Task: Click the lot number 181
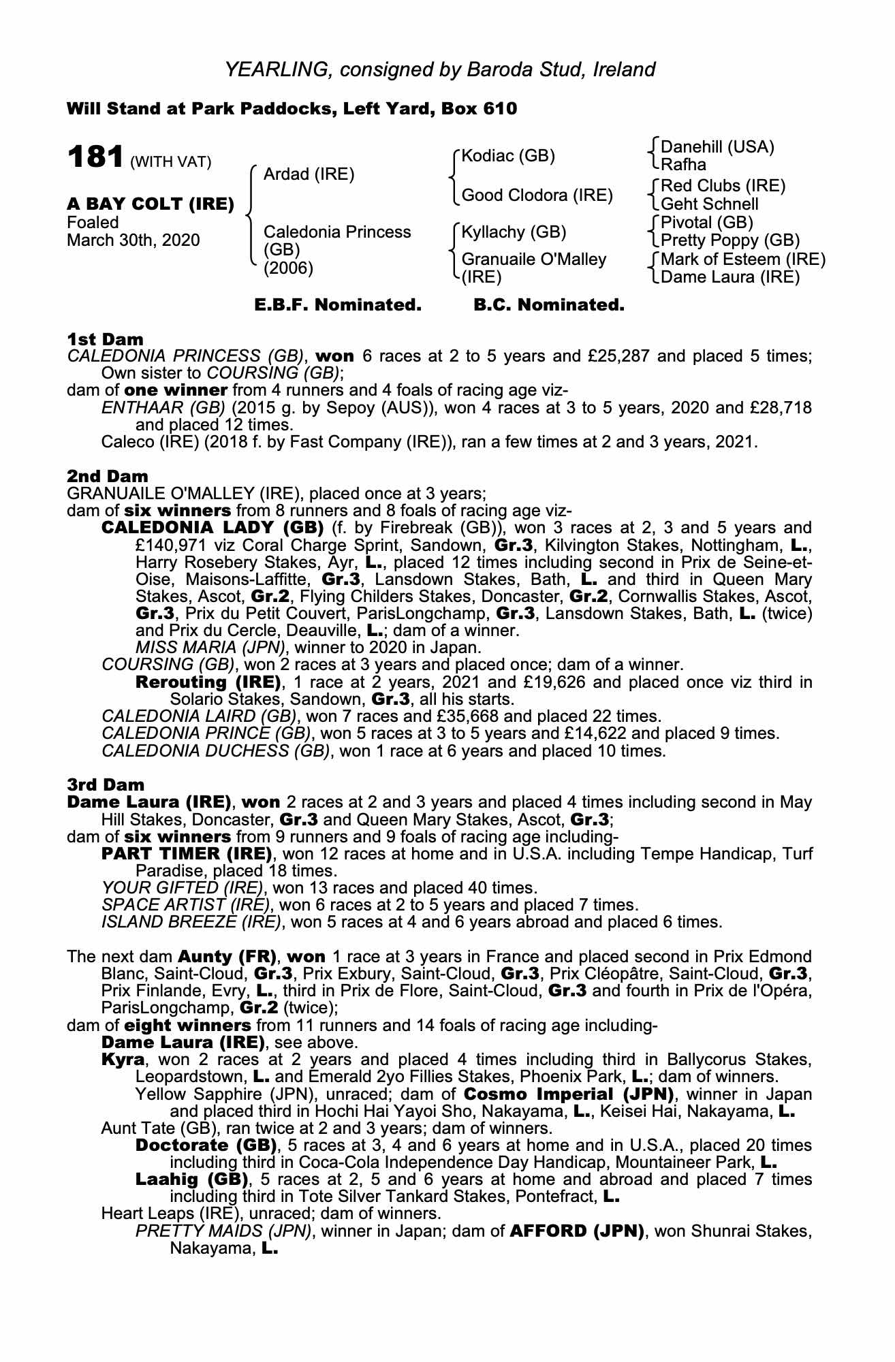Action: point(95,157)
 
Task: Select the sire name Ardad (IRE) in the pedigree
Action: point(309,174)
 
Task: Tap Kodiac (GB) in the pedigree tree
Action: point(508,156)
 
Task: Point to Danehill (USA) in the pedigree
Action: point(717,147)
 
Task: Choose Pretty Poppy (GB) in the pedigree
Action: point(730,240)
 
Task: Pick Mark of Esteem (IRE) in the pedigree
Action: point(743,259)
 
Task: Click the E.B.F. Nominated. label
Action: point(338,305)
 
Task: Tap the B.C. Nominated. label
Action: point(548,305)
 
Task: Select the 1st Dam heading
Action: point(105,338)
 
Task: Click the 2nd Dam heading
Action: point(107,476)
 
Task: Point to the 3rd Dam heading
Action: point(106,785)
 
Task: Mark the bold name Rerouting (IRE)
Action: point(208,682)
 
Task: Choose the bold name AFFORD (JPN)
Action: point(576,1231)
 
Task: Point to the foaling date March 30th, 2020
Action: point(134,240)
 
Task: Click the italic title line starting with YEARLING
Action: point(440,69)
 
